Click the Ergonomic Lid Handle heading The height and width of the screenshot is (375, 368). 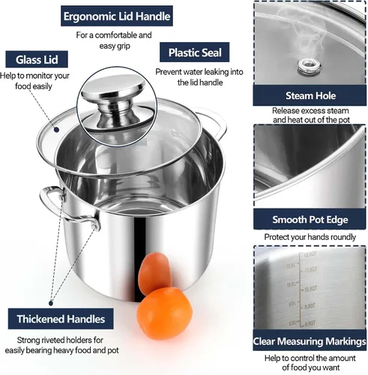(117, 16)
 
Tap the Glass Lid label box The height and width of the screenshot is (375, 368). (37, 59)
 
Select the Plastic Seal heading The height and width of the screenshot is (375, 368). (195, 52)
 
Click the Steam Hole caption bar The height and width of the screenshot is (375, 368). (310, 95)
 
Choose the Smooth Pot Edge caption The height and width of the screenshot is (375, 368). (310, 219)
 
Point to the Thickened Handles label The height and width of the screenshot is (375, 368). (61, 319)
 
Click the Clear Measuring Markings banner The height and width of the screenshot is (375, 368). (310, 340)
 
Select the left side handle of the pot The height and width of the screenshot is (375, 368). (65, 206)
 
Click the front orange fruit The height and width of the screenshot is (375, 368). (164, 313)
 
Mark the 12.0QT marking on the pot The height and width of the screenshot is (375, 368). (310, 254)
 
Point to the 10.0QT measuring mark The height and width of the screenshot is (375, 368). (310, 289)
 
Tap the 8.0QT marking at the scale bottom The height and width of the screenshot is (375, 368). (310, 324)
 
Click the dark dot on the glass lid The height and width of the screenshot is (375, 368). (57, 130)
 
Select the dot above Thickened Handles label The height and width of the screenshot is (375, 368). (51, 303)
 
